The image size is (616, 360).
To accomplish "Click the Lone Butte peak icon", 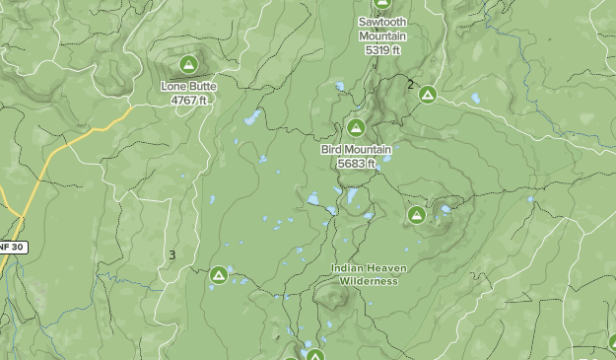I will (x=188, y=65).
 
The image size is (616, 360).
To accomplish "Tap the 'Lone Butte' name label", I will (x=188, y=87).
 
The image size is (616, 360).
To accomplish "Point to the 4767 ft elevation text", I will (x=188, y=100).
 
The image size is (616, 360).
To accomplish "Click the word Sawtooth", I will (x=381, y=22).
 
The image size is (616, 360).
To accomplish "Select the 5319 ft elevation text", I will (x=381, y=49).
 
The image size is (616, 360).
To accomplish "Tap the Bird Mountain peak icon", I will (x=356, y=128).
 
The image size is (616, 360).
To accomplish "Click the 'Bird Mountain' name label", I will (x=356, y=150).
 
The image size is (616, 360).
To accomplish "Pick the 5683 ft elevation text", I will (x=356, y=163).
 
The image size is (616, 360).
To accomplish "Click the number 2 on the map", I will (x=411, y=84).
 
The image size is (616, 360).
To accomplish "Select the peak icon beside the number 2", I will (x=428, y=95).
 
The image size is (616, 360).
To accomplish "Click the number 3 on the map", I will (x=171, y=254).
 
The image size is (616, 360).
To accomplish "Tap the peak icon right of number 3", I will (x=218, y=274).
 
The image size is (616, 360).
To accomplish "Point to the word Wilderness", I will (x=369, y=281).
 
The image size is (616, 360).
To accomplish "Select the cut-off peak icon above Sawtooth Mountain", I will (x=381, y=3).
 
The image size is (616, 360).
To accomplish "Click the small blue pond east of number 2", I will (x=475, y=99).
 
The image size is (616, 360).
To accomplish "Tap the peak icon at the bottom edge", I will (x=314, y=354).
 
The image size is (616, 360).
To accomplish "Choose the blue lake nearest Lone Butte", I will (x=252, y=118).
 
